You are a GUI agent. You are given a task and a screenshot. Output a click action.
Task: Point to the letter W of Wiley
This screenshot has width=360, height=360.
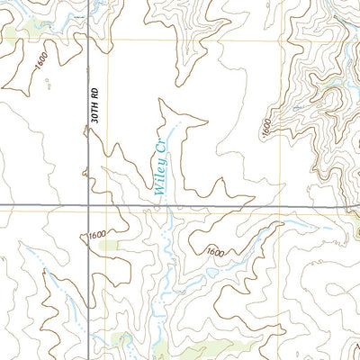tap(159, 192)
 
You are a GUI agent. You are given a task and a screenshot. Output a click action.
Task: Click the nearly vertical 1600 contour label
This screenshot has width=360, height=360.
tap(266, 127)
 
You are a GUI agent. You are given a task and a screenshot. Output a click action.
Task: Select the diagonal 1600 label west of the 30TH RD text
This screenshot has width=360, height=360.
tap(40, 62)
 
